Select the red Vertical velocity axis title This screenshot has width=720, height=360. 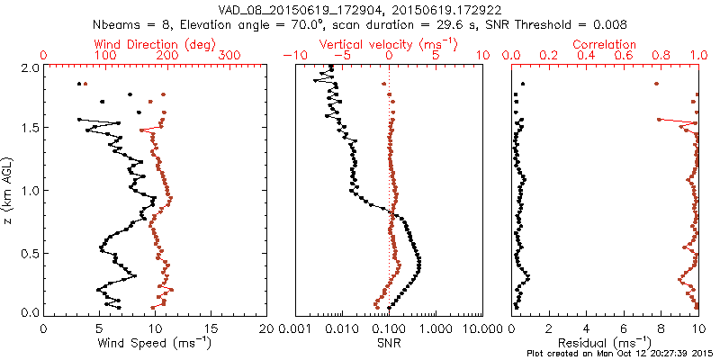(x=388, y=43)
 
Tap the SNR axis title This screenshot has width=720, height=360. (x=388, y=343)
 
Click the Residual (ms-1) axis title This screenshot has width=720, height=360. (x=612, y=343)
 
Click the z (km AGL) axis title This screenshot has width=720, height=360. (x=13, y=190)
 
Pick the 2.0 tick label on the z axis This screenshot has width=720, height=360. (x=29, y=67)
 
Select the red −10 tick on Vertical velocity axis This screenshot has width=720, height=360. (x=292, y=56)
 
